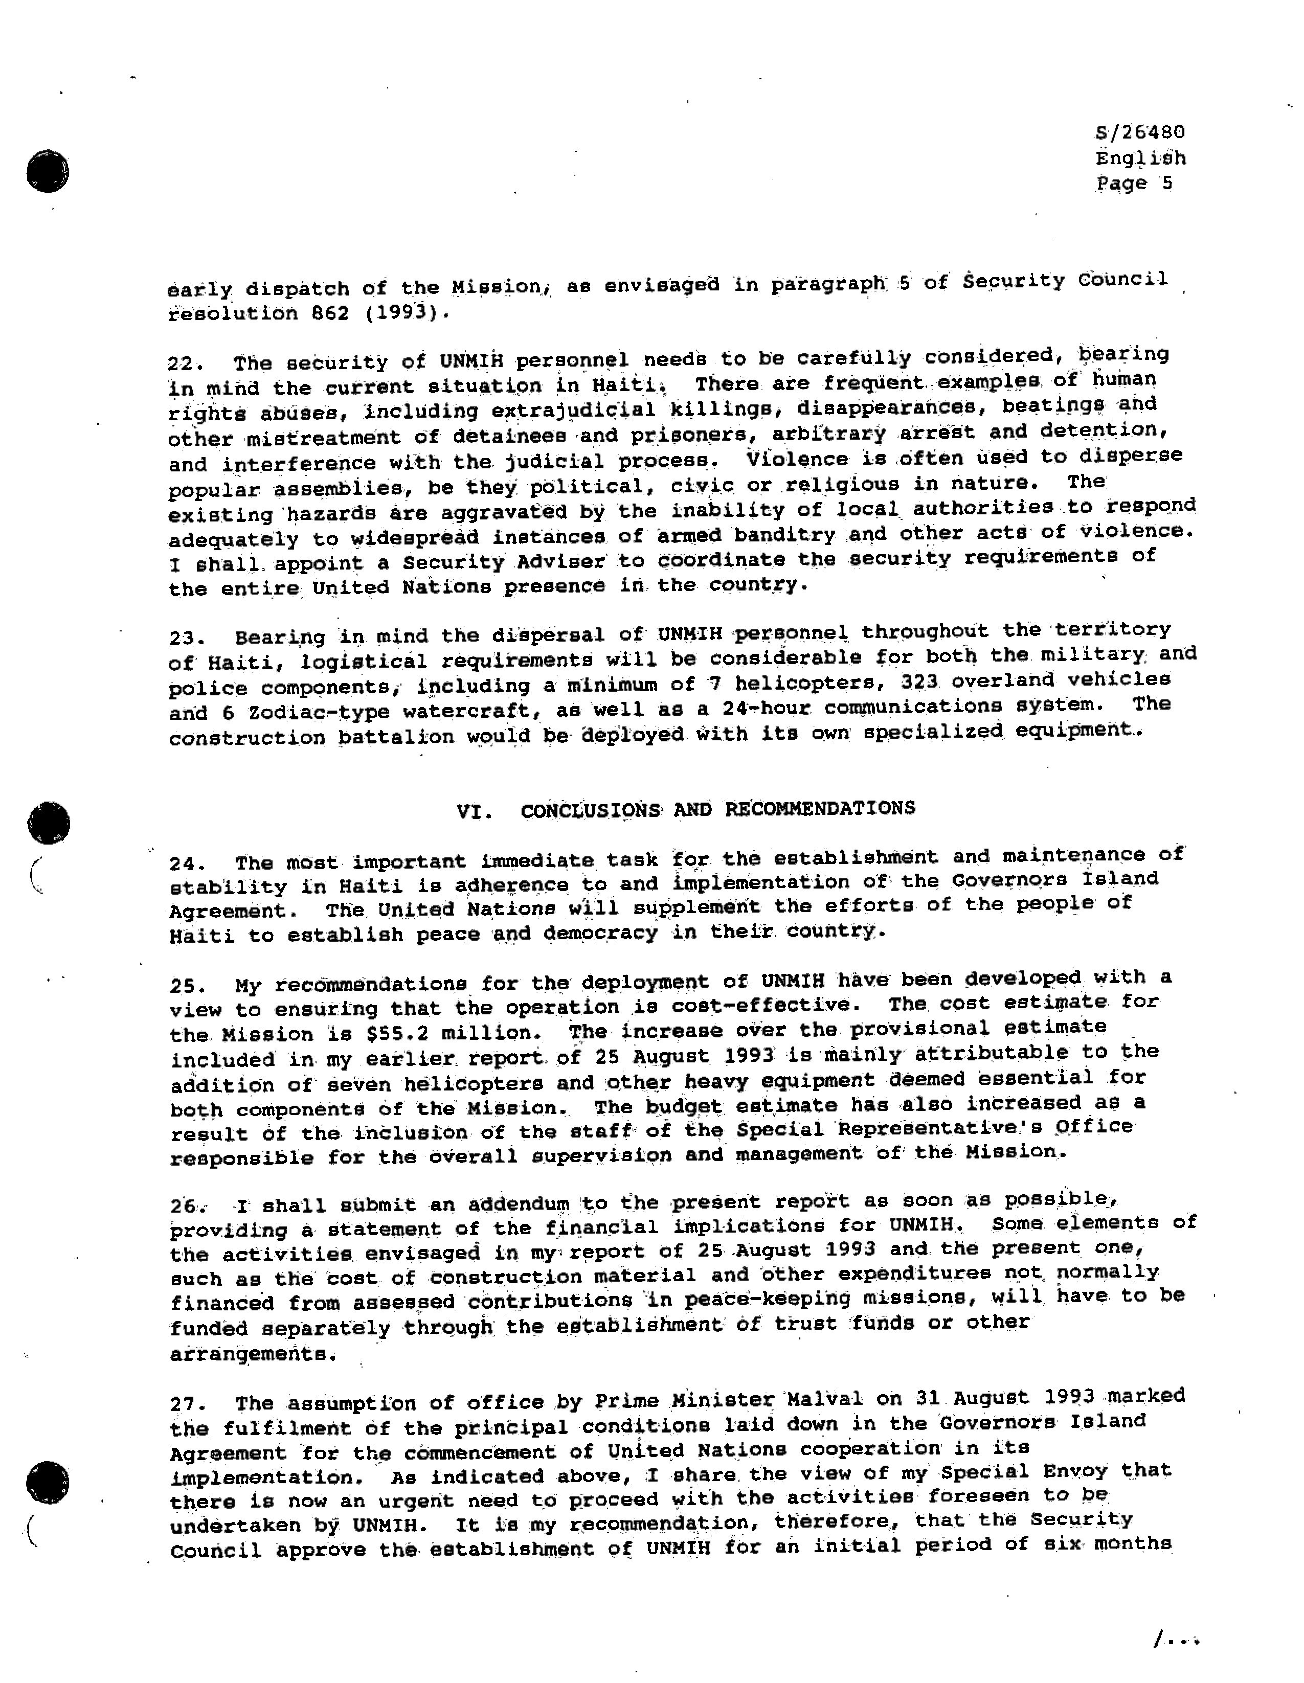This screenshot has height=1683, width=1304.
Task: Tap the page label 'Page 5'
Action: coord(1134,184)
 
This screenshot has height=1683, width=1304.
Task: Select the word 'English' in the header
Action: coord(1140,159)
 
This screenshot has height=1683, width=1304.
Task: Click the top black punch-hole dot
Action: coord(48,171)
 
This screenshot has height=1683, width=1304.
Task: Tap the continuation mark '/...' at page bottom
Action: coord(1175,1642)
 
